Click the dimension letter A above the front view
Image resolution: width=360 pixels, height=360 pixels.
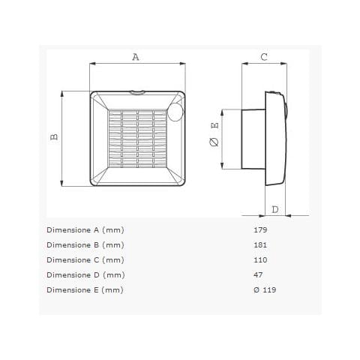[x=136, y=57]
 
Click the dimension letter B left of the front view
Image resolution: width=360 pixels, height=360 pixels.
[x=54, y=137]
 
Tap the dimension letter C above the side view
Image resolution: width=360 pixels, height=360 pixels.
[x=264, y=57]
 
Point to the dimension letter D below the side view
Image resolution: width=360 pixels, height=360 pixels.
[x=275, y=208]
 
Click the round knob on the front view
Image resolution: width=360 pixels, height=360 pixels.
[x=175, y=114]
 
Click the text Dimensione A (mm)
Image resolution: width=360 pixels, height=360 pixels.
[x=85, y=230]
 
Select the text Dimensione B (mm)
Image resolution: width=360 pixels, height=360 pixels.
[x=85, y=245]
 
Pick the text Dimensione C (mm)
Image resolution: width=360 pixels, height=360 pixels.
[x=85, y=260]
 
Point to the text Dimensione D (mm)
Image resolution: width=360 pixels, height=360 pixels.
[x=85, y=275]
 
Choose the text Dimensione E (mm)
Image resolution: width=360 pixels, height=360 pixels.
[x=85, y=290]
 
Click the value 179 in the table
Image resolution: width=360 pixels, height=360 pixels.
[x=260, y=230]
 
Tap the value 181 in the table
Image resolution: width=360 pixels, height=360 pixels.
[x=260, y=245]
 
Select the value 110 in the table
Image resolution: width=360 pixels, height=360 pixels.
[x=260, y=260]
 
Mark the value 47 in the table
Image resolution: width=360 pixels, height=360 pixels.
[x=258, y=275]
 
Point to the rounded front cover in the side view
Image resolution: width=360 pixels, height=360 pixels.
[x=276, y=139]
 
